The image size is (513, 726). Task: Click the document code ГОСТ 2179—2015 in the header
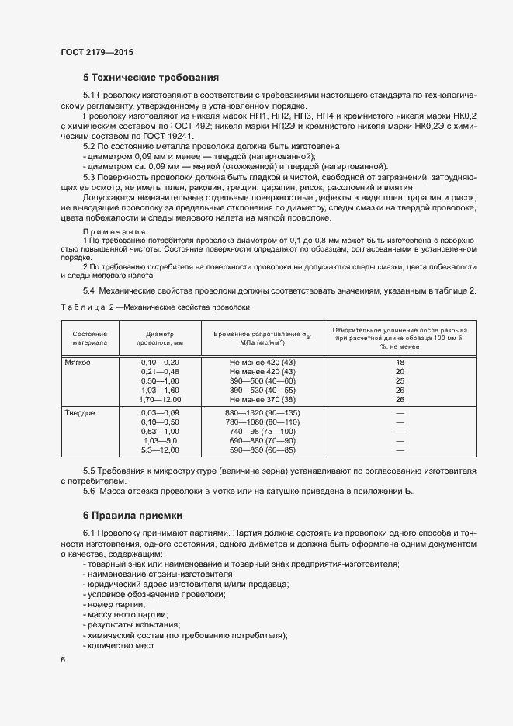coord(97,52)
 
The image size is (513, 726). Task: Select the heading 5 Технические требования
coord(151,78)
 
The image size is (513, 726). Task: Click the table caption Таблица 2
coord(86,307)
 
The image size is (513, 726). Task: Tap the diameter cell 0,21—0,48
coord(160,372)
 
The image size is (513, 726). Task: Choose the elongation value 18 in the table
coord(400,363)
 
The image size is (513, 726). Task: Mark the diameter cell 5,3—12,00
coord(160,450)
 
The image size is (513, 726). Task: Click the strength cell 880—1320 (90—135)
coord(262,413)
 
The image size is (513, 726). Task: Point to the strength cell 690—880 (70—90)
coord(262,441)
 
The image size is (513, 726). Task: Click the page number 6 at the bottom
coord(63,660)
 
